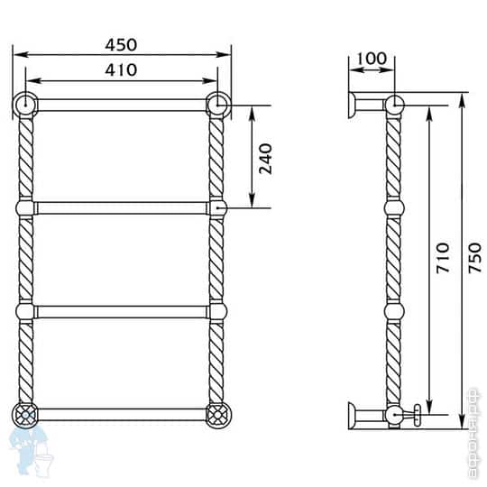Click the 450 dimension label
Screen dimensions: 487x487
coord(122,44)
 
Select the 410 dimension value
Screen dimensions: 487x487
coord(122,69)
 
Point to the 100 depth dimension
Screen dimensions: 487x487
coord(372,60)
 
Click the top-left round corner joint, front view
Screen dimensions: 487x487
coord(26,105)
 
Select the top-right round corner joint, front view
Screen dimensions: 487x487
coord(217,105)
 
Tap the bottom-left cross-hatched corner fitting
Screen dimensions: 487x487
coord(26,415)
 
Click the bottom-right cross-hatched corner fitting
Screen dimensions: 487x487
coord(217,415)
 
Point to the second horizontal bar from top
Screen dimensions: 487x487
coord(122,208)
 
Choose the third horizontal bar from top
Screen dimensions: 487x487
coord(122,311)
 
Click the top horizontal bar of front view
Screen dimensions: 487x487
coord(122,106)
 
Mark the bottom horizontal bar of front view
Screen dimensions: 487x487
coord(122,415)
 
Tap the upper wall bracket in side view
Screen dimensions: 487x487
coord(366,105)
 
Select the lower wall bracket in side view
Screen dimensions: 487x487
coord(365,416)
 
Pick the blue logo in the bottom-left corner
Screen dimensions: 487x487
coord(27,451)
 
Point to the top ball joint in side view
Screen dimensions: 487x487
coord(394,105)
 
